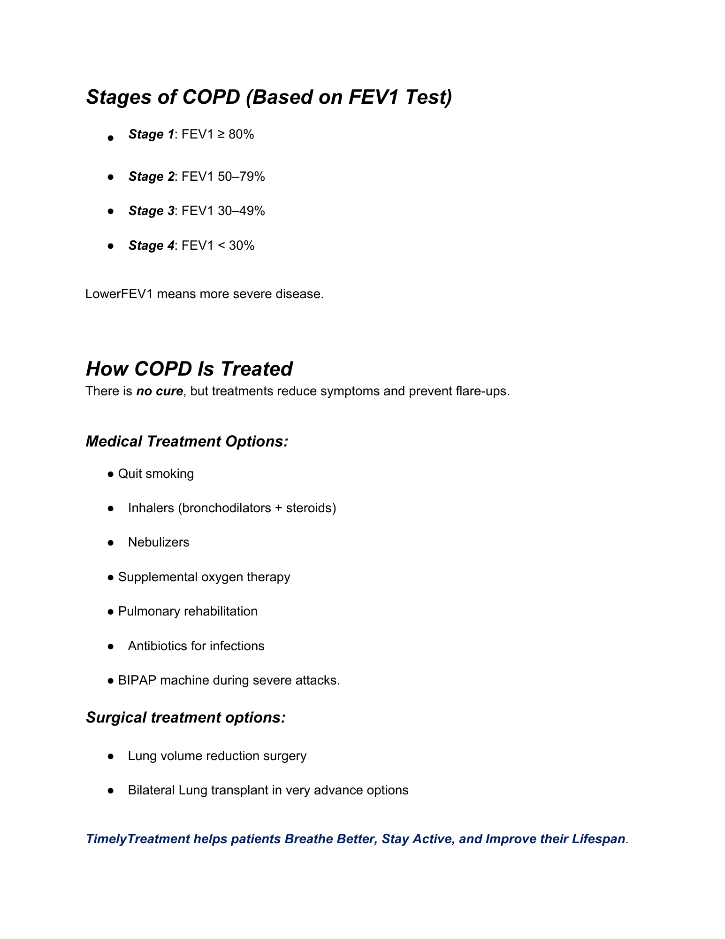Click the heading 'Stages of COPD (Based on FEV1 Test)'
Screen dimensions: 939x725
coord(269,97)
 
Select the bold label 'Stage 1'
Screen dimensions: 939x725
coord(151,135)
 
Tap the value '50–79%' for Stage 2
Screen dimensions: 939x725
coord(241,177)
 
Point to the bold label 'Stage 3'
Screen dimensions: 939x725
coord(151,211)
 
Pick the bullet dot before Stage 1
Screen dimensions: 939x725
coord(111,138)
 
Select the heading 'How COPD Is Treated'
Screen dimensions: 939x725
coord(189,369)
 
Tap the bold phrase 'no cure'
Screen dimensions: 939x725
coord(160,391)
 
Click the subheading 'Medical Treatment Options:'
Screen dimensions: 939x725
coord(187,441)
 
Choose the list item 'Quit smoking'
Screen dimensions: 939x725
coord(156,474)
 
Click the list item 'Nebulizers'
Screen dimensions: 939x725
coord(159,542)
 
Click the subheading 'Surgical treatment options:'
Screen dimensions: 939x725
coord(185,717)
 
